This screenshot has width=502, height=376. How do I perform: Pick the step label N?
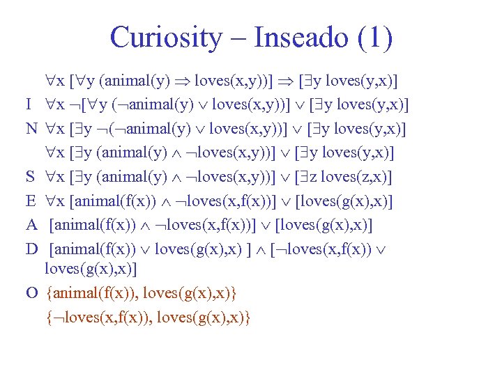pos(31,130)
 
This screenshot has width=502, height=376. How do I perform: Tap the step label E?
pos(31,201)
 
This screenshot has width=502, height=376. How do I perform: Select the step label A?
pos(31,225)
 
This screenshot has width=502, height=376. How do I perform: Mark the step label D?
pos(31,249)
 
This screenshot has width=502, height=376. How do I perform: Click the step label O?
pos(31,292)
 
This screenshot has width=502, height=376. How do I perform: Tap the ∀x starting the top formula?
pos(55,82)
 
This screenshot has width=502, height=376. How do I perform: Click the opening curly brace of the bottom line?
pos(48,317)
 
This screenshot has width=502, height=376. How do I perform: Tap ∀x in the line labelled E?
pos(55,201)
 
